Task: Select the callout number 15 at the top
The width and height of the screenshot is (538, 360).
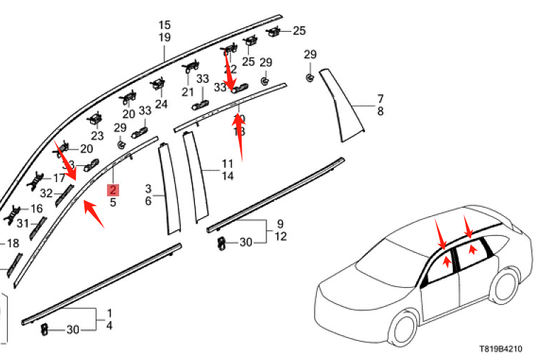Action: pyautogui.click(x=164, y=26)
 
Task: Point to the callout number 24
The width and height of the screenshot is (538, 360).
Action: pyautogui.click(x=162, y=104)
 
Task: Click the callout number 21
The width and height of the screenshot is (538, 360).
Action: pyautogui.click(x=187, y=92)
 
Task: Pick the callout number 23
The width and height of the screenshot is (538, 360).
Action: pyautogui.click(x=97, y=136)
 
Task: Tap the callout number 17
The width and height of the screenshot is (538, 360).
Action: pyautogui.click(x=59, y=178)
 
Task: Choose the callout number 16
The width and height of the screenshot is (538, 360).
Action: pyautogui.click(x=36, y=208)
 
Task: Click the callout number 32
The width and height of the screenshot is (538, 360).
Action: pyautogui.click(x=46, y=193)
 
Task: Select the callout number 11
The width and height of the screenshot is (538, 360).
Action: pyautogui.click(x=227, y=164)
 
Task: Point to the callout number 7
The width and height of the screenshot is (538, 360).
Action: pyautogui.click(x=380, y=98)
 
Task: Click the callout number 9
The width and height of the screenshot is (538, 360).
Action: pyautogui.click(x=280, y=224)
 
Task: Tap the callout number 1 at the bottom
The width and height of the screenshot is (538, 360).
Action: pyautogui.click(x=109, y=313)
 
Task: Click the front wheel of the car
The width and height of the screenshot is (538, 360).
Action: pyautogui.click(x=405, y=331)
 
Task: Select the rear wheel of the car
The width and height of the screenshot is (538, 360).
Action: pyautogui.click(x=504, y=284)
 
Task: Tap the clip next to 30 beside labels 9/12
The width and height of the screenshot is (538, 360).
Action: pyautogui.click(x=222, y=243)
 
